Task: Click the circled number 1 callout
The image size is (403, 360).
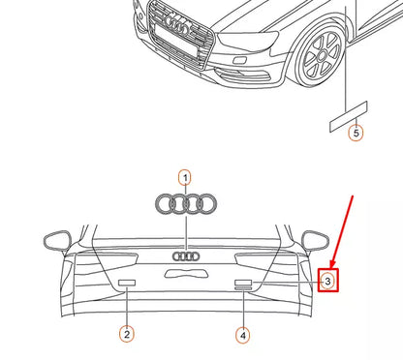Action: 185,178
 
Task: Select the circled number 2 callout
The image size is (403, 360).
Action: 126,335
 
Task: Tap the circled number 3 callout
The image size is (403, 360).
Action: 327,282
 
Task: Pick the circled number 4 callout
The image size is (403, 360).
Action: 242,335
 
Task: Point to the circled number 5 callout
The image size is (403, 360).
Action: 356,134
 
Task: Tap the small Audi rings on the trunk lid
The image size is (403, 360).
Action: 185,256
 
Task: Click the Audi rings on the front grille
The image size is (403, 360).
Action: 180,21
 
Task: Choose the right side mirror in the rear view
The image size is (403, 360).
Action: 314,239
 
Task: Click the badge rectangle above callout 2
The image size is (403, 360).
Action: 126,283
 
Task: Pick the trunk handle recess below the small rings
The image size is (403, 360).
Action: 185,274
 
